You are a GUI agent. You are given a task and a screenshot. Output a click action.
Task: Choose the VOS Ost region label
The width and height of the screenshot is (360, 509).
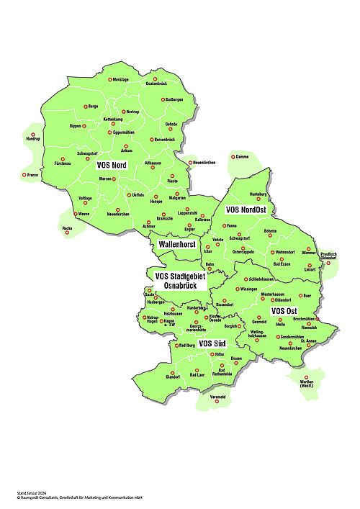[x=284, y=310]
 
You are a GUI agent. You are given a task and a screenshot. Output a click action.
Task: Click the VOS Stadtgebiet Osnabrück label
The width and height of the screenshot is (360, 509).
[x=180, y=280]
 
